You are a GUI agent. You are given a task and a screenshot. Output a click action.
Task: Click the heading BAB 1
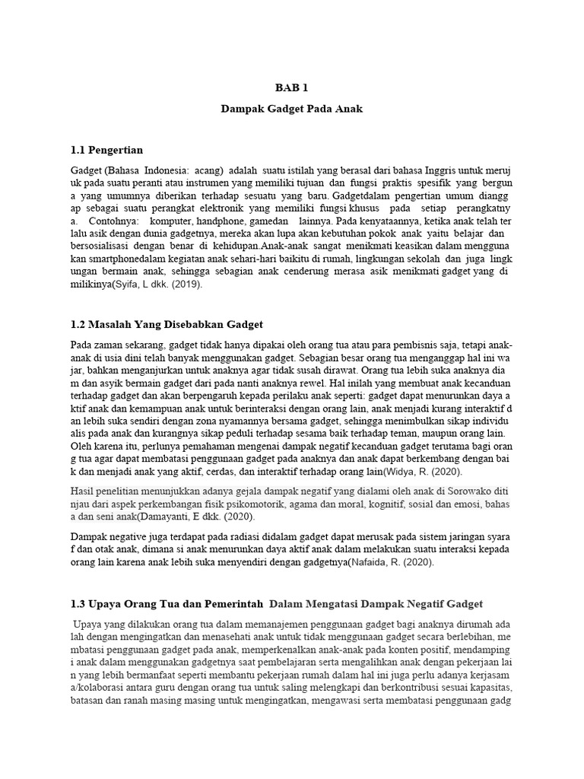(292, 88)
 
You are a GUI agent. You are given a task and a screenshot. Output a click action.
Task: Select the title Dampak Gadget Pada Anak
(292, 109)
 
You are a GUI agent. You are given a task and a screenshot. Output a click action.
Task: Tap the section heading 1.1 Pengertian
(106, 149)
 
